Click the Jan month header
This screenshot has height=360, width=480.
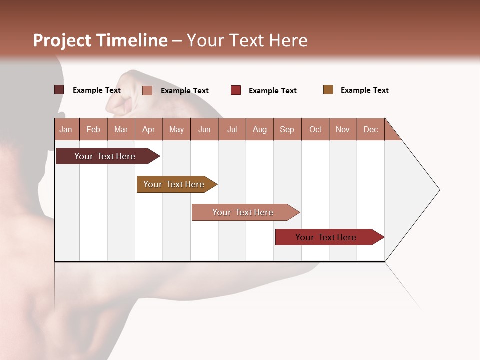click(66, 129)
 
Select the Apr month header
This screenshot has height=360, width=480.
click(148, 129)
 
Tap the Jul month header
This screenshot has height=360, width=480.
click(232, 129)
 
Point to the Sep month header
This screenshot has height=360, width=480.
click(287, 129)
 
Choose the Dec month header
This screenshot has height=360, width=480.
click(370, 129)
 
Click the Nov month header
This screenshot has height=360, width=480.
click(342, 129)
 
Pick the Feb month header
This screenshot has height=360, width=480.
click(93, 129)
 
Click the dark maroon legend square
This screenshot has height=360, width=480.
click(59, 90)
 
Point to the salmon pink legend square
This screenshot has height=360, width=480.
click(147, 90)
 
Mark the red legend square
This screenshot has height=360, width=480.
click(236, 90)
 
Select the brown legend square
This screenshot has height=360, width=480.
click(328, 90)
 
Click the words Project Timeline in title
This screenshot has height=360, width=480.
click(100, 40)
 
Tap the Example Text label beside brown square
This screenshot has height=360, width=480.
click(364, 90)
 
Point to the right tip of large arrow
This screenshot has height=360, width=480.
click(439, 190)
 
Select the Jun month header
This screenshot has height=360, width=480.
click(204, 129)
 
